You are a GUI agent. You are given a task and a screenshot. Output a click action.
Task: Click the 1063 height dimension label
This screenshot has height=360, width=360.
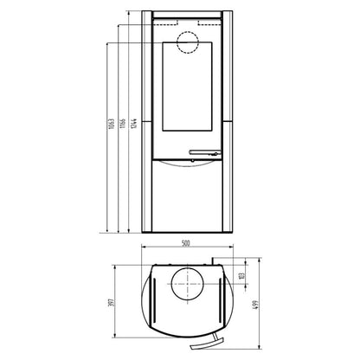[x=112, y=124]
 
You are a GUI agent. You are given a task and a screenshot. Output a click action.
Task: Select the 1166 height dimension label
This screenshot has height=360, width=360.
[x=123, y=123]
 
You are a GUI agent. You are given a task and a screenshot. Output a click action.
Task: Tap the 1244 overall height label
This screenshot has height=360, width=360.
[x=133, y=123]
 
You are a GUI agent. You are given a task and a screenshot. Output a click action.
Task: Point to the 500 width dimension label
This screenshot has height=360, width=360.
[x=186, y=243]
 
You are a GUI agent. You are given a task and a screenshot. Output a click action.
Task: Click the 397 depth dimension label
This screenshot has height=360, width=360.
[x=112, y=302]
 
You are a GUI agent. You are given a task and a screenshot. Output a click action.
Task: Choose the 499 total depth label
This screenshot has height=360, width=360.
[x=256, y=305]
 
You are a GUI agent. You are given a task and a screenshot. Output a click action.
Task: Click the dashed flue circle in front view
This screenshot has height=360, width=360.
[x=188, y=31]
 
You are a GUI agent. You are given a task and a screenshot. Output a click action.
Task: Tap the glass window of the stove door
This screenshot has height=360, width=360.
[x=188, y=87]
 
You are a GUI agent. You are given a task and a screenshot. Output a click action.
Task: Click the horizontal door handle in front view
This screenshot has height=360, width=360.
[x=205, y=152]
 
